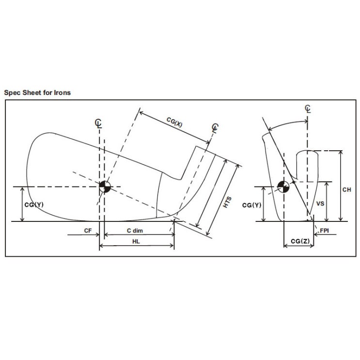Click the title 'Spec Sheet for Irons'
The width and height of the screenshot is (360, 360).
(x=37, y=93)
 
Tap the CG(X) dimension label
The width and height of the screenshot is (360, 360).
(x=174, y=122)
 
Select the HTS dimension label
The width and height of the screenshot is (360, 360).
(x=227, y=202)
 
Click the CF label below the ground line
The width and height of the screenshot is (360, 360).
(x=88, y=231)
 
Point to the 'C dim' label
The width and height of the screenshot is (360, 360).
(x=135, y=231)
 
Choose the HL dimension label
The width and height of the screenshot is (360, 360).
(x=136, y=241)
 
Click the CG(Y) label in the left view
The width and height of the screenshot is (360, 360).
(x=34, y=204)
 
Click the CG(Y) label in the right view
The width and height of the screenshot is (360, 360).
(x=252, y=205)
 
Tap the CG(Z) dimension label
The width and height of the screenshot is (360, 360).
(x=300, y=241)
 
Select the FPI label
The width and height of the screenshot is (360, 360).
(x=325, y=230)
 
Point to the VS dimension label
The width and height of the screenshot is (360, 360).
(x=320, y=203)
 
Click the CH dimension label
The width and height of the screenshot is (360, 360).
(x=347, y=189)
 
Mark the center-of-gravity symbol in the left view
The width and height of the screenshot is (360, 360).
(x=105, y=187)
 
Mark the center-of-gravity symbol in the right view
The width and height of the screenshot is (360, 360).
(x=283, y=187)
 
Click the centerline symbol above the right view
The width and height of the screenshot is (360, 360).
(x=308, y=109)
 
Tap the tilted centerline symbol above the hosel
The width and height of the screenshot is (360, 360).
(x=215, y=128)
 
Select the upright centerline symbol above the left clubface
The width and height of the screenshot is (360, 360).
(x=98, y=123)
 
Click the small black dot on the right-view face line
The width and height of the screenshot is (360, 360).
(x=294, y=182)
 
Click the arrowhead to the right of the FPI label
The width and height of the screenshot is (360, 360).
(x=316, y=235)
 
